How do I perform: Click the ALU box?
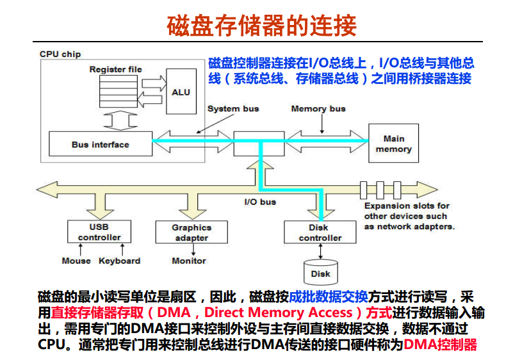[181, 92]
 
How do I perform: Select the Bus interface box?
[101, 144]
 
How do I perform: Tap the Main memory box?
[393, 143]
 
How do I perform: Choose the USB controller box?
[99, 232]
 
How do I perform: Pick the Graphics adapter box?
[191, 232]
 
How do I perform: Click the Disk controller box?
[320, 232]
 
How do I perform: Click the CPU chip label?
[60, 54]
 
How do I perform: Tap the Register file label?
[115, 69]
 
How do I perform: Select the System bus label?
[233, 109]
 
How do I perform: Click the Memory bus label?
[318, 109]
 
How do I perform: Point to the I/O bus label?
[261, 202]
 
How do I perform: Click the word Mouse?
[76, 261]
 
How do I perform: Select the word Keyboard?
[119, 261]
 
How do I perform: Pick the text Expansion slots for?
[407, 206]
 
